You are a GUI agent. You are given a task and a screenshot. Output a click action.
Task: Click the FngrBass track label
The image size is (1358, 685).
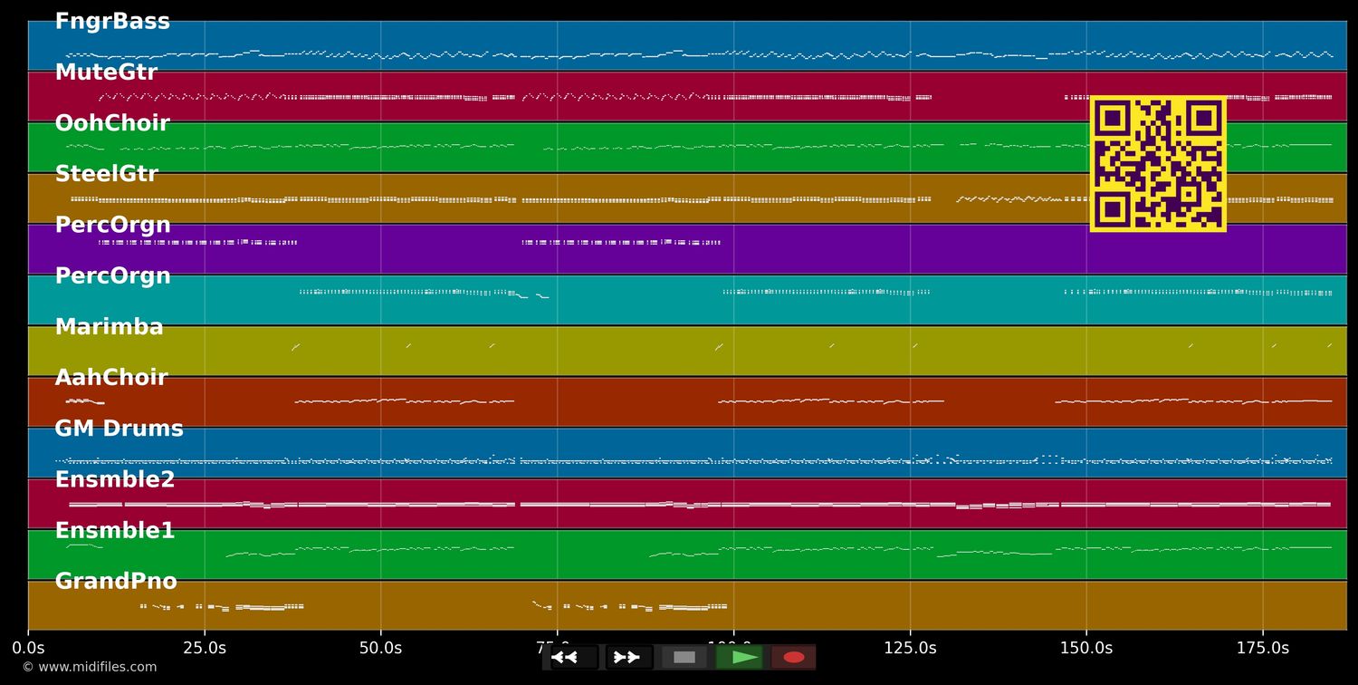point(112,22)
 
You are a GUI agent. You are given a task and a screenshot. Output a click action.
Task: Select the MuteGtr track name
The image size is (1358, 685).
point(106,72)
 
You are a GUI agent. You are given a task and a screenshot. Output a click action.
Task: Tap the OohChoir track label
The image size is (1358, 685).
point(112,123)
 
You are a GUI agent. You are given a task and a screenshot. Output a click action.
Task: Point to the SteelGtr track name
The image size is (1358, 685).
point(106,174)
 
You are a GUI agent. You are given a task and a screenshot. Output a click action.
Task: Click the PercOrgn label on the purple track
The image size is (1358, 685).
point(112,225)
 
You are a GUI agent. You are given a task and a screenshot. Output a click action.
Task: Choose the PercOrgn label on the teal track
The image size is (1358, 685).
point(112,276)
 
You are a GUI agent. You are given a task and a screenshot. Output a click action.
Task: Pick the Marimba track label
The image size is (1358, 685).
point(109,327)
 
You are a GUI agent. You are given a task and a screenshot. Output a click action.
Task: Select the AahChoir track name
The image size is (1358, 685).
point(111,378)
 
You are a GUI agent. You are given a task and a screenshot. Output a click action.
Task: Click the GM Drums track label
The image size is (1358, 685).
point(119,429)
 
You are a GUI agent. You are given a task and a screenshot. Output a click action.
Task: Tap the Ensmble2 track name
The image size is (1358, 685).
point(115,480)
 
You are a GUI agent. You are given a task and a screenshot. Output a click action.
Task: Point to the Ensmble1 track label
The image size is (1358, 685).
point(115,531)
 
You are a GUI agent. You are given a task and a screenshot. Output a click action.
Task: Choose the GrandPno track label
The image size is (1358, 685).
point(116,582)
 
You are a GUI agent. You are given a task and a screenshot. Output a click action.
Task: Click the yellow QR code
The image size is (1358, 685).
point(1158,164)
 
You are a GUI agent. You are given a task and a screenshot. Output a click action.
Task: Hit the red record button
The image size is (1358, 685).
point(794,657)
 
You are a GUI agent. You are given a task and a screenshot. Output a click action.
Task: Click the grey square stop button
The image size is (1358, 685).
point(684,657)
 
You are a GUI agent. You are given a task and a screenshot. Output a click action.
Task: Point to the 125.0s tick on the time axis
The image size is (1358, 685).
point(910,648)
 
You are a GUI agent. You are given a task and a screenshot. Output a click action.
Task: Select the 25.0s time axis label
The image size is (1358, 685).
point(205,648)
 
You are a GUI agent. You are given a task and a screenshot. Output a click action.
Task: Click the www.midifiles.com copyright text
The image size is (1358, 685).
point(89,667)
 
